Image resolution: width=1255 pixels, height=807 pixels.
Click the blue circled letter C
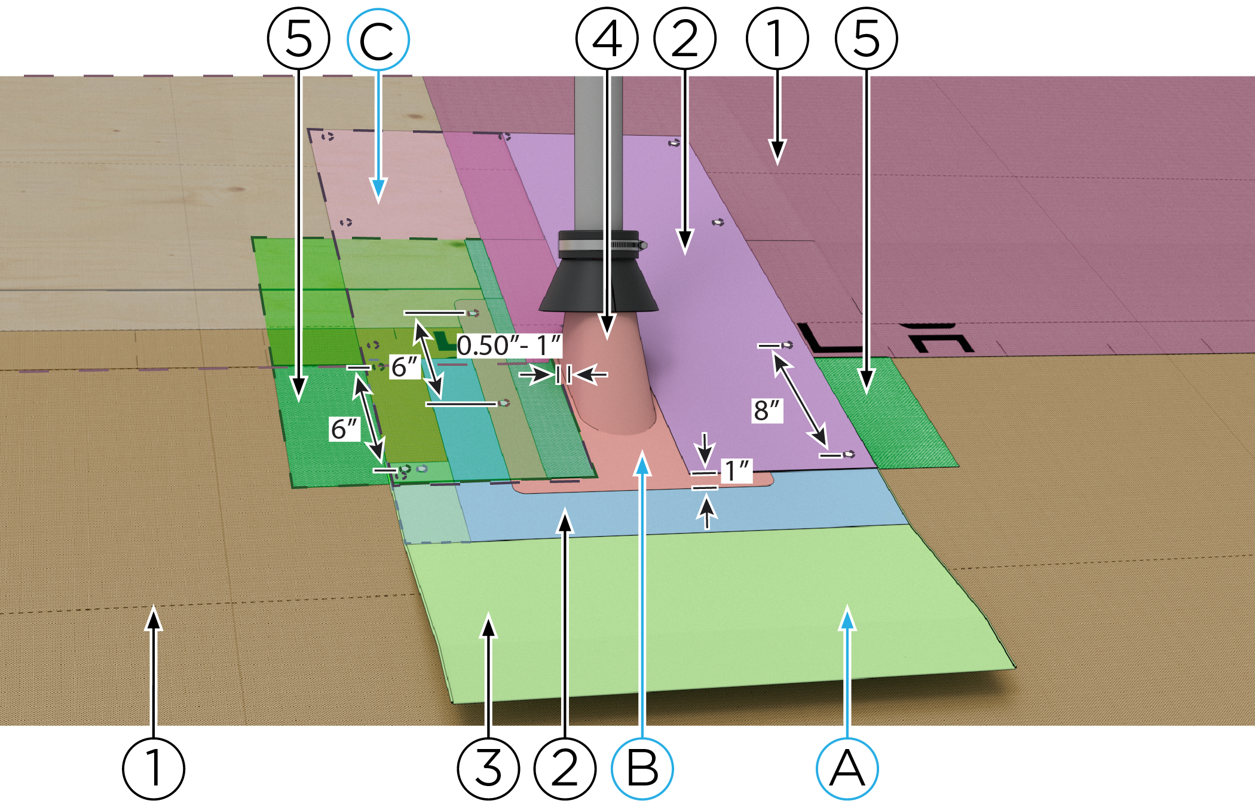click(x=378, y=39)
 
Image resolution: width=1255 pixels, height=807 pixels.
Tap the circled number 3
click(x=488, y=769)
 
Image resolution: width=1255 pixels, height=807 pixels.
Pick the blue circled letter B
click(x=642, y=769)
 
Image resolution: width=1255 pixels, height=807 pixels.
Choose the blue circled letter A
click(x=847, y=769)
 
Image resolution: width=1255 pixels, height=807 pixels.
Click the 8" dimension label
click(x=767, y=411)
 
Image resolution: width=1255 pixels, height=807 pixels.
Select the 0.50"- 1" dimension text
click(x=509, y=346)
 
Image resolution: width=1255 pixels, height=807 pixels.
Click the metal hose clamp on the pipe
click(x=598, y=244)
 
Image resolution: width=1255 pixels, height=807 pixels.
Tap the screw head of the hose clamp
click(x=642, y=245)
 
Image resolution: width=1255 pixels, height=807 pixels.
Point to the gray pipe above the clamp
click(x=598, y=149)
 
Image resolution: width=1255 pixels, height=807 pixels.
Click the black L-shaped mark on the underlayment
click(x=828, y=341)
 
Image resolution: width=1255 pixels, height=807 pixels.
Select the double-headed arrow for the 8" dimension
click(x=801, y=401)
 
